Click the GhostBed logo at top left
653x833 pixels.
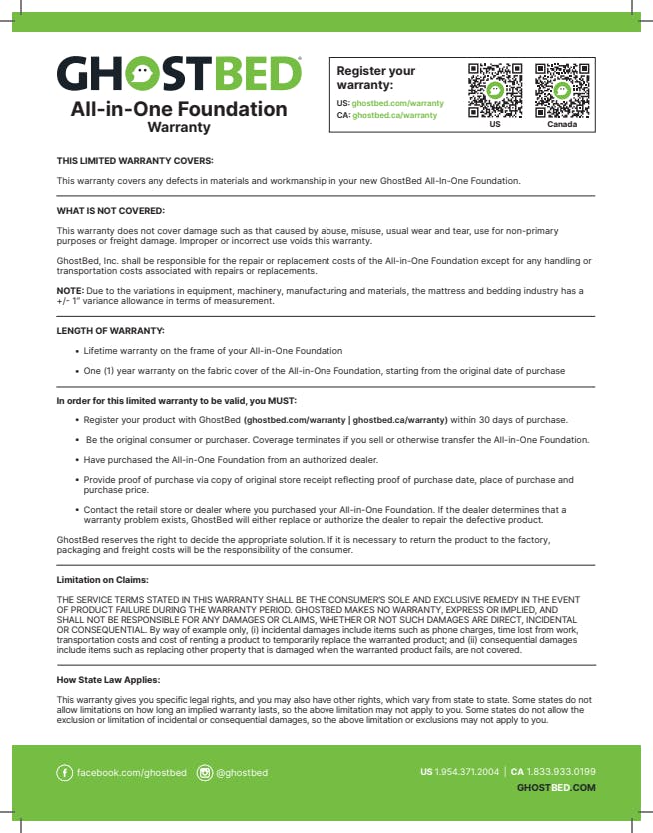pos(179,74)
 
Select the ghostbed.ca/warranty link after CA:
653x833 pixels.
pos(394,115)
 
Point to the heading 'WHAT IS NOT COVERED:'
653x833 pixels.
pos(110,211)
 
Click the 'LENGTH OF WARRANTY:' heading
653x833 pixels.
pos(110,330)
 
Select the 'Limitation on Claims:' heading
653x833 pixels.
pos(103,579)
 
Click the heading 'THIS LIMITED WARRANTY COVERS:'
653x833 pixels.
pos(135,161)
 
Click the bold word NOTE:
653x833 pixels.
pos(69,290)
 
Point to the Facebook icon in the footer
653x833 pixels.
pos(66,773)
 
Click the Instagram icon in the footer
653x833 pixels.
pos(205,773)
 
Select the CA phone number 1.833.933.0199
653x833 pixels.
pos(561,771)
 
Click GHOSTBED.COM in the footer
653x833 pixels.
pos(556,787)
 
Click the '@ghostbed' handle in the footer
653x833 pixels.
pos(242,773)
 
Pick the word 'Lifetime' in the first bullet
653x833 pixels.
pos(101,351)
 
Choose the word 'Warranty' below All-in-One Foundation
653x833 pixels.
pos(179,128)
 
